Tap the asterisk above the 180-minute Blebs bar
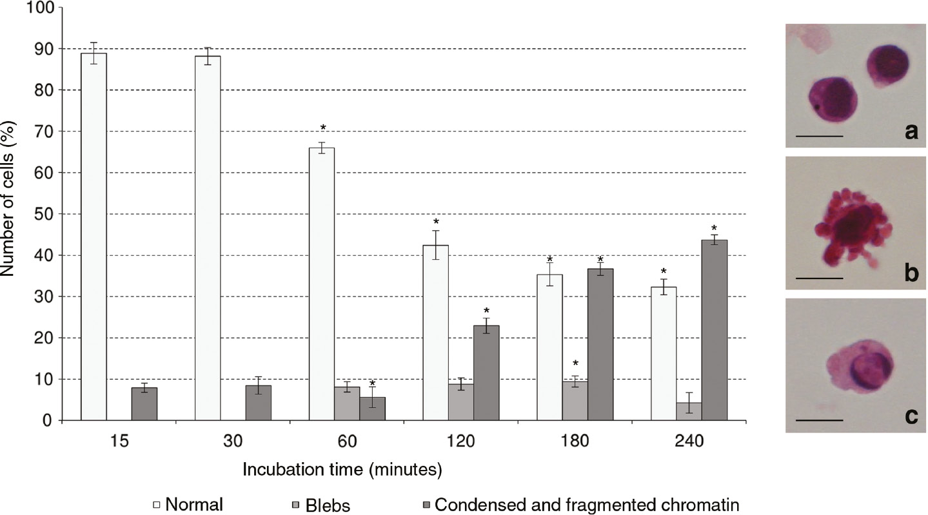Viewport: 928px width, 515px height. (x=575, y=364)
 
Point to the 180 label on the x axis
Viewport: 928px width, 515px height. (x=575, y=442)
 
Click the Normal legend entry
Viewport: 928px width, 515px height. (x=194, y=504)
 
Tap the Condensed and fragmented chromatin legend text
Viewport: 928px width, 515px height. (x=586, y=504)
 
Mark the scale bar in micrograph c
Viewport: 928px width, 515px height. (x=820, y=420)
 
